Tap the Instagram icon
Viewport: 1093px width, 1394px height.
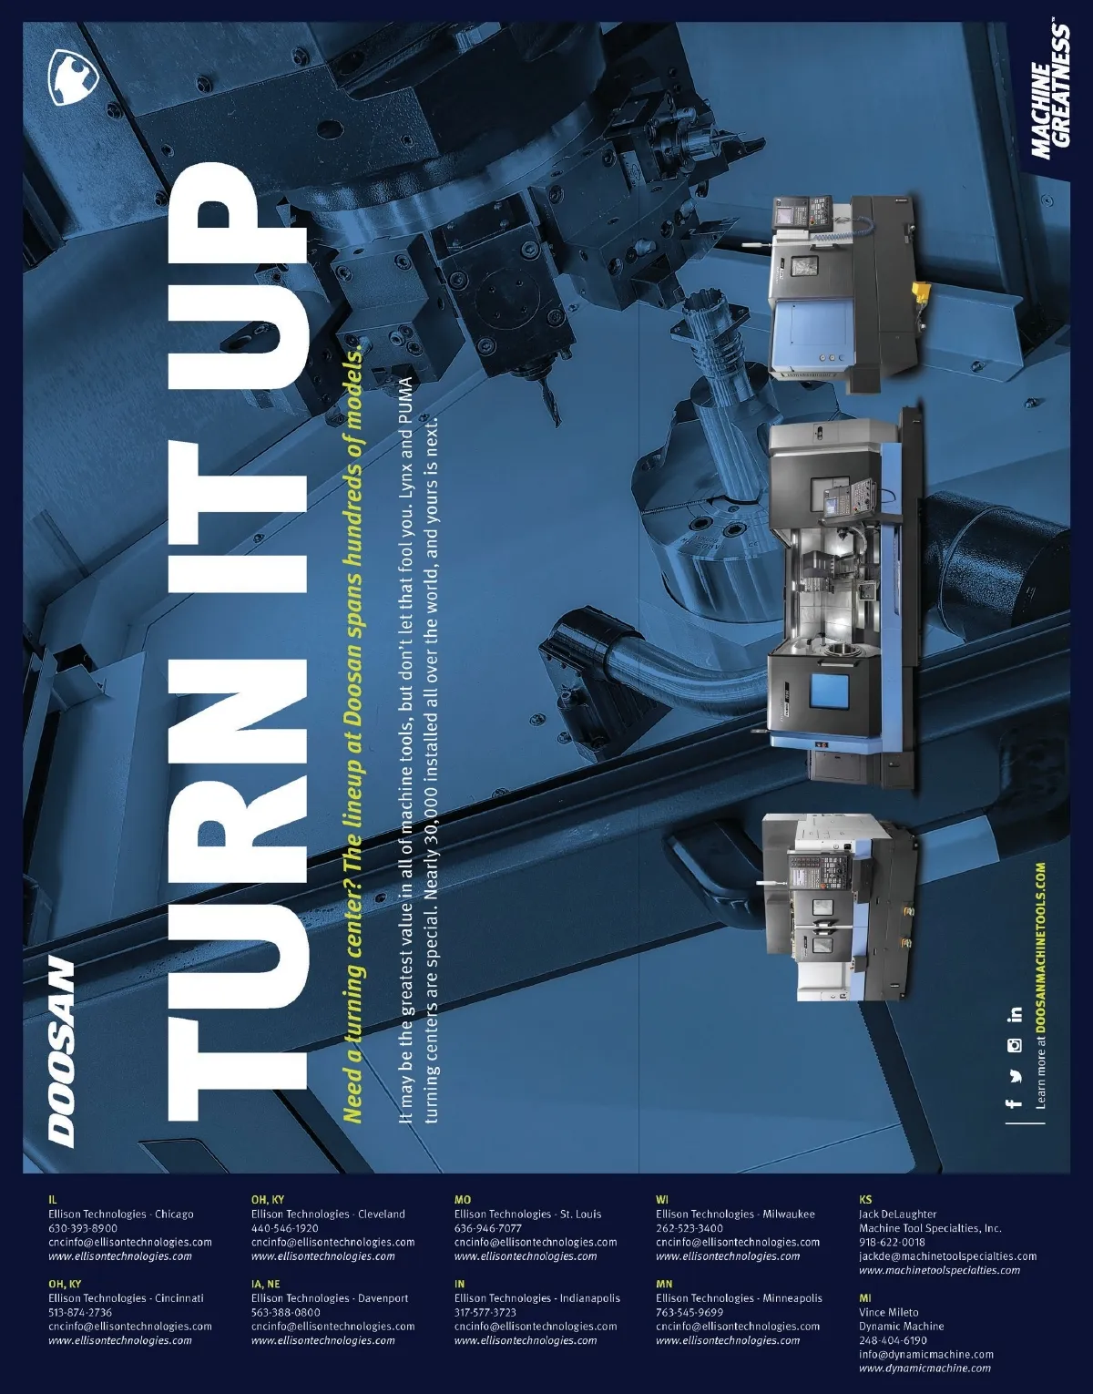pyautogui.click(x=1014, y=1046)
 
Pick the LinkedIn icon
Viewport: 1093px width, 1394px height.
pyautogui.click(x=1014, y=1016)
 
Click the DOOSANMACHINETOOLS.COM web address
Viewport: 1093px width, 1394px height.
pyautogui.click(x=1040, y=949)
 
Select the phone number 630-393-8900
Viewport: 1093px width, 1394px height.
pyautogui.click(x=83, y=1228)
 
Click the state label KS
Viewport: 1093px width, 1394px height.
pyautogui.click(x=864, y=1199)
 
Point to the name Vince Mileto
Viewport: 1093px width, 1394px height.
pyautogui.click(x=888, y=1312)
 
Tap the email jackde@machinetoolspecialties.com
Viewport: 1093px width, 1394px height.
pyautogui.click(x=947, y=1256)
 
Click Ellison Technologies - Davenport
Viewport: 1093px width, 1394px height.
pyautogui.click(x=330, y=1297)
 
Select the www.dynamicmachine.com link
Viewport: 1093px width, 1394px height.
pyautogui.click(x=924, y=1368)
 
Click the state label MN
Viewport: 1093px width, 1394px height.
pyautogui.click(x=663, y=1284)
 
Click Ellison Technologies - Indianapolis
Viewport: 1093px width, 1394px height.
pyautogui.click(x=537, y=1297)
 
